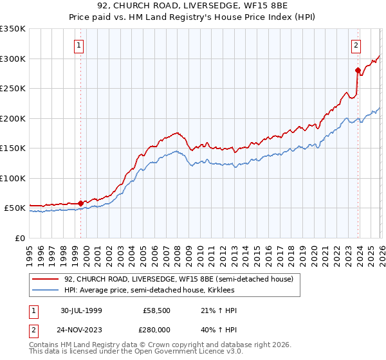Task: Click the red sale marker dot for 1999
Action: [x=81, y=203]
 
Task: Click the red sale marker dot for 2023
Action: [x=358, y=70]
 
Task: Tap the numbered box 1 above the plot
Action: [x=78, y=45]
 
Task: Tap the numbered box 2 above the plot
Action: [x=355, y=45]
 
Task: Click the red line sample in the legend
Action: [x=46, y=279]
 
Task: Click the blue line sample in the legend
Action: [x=46, y=291]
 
